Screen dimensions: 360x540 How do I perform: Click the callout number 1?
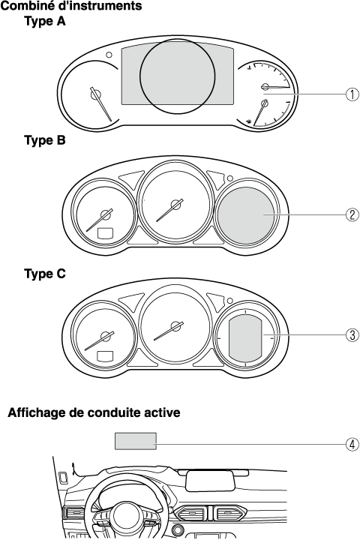coord(352,94)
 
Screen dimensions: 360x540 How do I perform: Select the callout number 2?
coord(352,215)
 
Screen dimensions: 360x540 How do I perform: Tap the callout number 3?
coord(352,334)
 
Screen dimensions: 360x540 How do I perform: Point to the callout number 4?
coord(352,444)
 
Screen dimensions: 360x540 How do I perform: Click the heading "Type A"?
coord(45,21)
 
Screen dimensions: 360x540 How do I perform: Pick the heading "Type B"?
coord(45,140)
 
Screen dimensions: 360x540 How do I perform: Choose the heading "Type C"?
coord(45,274)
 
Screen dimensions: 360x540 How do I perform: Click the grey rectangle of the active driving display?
coord(136,441)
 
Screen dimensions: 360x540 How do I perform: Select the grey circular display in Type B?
coord(246,215)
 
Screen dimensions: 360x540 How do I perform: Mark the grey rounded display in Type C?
coord(246,339)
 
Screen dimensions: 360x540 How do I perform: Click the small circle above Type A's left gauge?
coord(109,55)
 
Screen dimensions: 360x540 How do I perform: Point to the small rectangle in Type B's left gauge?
coord(106,233)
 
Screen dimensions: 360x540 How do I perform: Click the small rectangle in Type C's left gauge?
coord(106,355)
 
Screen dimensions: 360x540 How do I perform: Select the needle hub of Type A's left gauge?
coord(95,94)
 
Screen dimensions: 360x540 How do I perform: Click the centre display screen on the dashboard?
coord(211,481)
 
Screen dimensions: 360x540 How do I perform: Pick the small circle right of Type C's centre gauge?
coord(229,301)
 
